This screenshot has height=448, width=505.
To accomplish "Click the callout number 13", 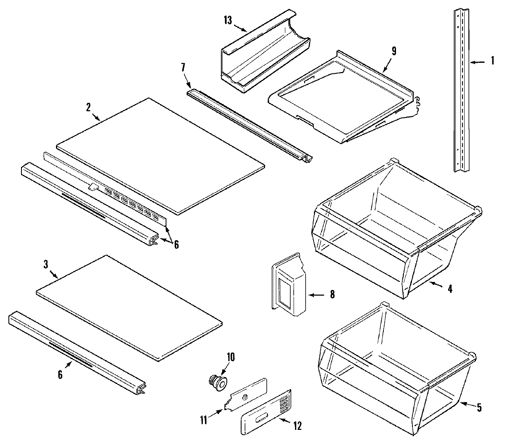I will (228, 21).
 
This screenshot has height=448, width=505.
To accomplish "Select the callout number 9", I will (394, 51).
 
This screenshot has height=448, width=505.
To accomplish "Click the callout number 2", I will (88, 107).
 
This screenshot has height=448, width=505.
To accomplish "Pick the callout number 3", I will (46, 264).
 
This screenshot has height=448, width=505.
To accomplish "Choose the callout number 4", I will (450, 290).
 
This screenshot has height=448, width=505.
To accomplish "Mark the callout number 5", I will (479, 408).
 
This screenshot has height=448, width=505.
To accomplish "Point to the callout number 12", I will (298, 426).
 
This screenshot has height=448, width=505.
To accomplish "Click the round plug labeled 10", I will (218, 382).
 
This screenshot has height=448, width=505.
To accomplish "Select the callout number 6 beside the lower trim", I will (60, 374).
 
